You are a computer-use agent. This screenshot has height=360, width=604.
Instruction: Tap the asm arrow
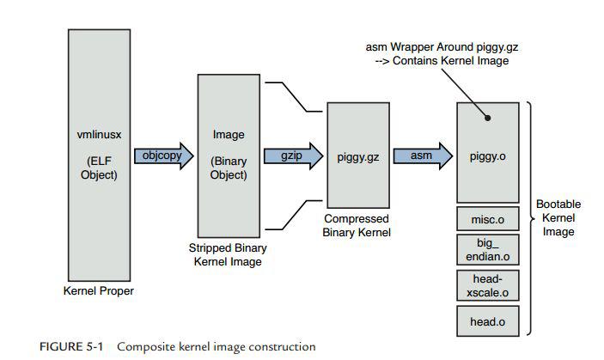[422, 156]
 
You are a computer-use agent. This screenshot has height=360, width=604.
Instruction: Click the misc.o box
[487, 220]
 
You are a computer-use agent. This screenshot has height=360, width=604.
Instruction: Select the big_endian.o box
[487, 251]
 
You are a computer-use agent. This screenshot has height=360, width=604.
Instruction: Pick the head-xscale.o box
[487, 287]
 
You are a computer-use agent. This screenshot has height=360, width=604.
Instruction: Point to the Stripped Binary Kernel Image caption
[229, 254]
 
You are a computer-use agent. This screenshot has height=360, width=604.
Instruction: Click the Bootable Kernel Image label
[558, 220]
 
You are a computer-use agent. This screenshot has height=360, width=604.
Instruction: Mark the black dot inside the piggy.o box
[486, 119]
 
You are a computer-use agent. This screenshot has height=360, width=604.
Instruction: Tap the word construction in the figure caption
[280, 347]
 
